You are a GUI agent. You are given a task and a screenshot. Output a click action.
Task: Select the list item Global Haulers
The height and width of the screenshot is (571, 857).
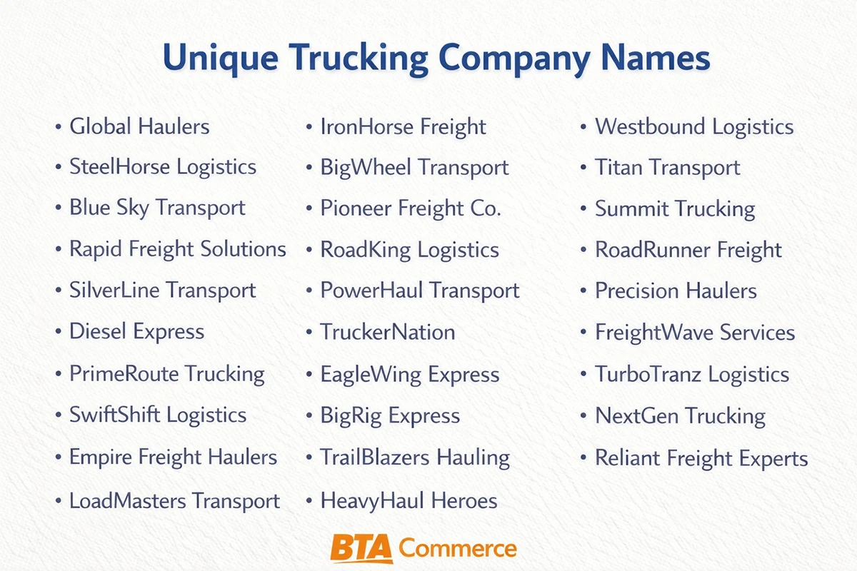[139, 127]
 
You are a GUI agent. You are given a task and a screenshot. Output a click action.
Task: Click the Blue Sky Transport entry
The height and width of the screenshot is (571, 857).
[157, 208]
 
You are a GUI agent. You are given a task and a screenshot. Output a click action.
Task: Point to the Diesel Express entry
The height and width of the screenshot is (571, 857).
[136, 331]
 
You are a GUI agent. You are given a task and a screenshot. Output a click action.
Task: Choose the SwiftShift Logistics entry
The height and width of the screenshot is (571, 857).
[157, 415]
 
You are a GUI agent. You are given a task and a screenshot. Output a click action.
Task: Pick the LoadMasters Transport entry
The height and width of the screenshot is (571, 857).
[174, 500]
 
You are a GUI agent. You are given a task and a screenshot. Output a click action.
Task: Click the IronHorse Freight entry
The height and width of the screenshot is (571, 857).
[403, 127]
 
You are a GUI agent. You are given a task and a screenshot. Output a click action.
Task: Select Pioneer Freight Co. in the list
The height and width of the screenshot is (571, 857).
[411, 208]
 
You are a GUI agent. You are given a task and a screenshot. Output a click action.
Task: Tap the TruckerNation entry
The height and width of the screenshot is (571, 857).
[387, 332]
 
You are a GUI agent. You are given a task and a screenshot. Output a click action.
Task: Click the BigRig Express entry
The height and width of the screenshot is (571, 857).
[390, 415]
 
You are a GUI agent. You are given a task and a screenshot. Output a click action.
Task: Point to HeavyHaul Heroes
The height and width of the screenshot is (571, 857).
[409, 500]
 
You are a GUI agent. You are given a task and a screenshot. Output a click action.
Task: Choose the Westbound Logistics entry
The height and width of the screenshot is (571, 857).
[694, 127]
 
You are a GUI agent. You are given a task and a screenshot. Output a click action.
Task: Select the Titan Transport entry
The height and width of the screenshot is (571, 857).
[668, 168]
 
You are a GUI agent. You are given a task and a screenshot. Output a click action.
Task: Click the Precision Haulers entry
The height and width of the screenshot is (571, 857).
[676, 290]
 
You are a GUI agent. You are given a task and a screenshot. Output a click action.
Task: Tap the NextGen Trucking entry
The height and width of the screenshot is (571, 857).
[680, 415]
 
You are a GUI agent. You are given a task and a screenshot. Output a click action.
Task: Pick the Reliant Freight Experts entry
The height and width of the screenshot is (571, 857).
[701, 458]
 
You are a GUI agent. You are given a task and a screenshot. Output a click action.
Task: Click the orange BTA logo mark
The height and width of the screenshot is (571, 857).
[362, 549]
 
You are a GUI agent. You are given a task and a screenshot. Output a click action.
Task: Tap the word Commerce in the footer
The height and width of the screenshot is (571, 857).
[458, 549]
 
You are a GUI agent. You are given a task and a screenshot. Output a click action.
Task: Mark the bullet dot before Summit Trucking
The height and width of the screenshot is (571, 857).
[584, 209]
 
